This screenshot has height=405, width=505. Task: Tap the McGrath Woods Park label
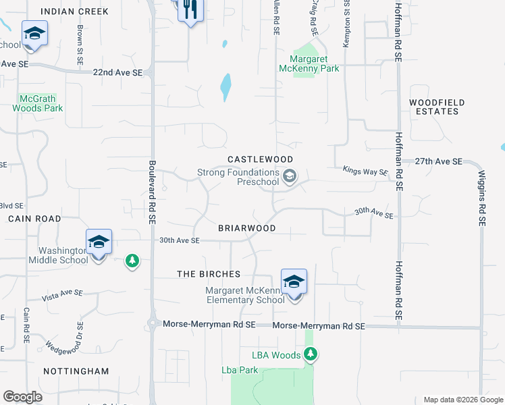(37, 103)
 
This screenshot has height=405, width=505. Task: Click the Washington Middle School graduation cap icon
(99, 242)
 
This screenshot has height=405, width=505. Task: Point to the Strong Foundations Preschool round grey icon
(290, 177)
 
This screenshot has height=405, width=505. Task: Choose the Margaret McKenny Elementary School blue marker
(294, 281)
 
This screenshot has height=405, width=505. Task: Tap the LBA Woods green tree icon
(311, 353)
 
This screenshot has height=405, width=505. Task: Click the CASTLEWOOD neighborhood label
(260, 159)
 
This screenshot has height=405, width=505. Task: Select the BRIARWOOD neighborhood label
(246, 228)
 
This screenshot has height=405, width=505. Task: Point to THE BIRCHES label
(209, 274)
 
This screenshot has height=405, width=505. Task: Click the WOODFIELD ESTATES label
(437, 107)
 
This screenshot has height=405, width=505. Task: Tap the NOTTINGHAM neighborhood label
(76, 371)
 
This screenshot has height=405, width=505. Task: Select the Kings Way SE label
(365, 171)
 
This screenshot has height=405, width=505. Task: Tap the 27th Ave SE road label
(438, 162)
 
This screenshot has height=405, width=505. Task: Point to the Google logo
(22, 397)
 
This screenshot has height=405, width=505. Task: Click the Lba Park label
(240, 370)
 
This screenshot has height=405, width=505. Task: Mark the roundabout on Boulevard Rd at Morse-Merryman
(153, 324)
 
